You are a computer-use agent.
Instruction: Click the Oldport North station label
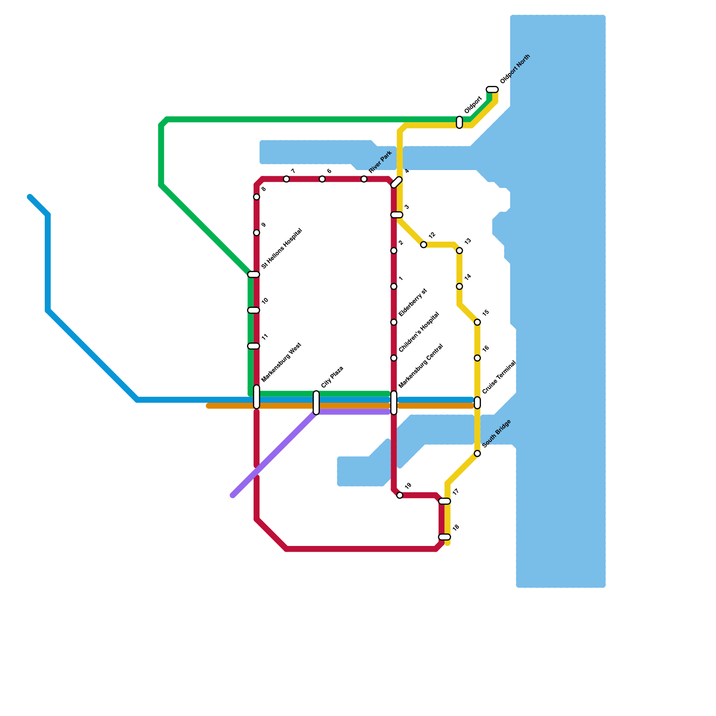(515, 69)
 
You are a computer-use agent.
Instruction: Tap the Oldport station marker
(459, 122)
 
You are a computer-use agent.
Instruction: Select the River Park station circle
(364, 179)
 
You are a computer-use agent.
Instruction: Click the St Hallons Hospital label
(281, 249)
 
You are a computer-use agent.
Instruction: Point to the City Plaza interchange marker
(316, 403)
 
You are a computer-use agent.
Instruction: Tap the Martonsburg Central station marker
(394, 403)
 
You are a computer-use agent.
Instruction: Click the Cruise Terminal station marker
(477, 403)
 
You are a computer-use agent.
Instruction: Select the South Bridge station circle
(477, 454)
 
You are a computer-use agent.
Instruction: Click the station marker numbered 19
(400, 495)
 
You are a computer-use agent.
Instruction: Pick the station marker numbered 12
(423, 244)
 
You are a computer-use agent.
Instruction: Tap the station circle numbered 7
(286, 179)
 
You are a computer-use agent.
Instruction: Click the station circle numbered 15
(477, 322)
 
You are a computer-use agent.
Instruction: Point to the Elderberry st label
(413, 303)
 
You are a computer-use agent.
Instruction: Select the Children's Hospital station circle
(394, 358)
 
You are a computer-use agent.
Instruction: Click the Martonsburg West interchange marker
(256, 397)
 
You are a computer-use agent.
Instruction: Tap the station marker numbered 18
(444, 537)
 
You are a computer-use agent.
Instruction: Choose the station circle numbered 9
(256, 233)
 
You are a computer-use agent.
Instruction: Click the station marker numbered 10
(254, 310)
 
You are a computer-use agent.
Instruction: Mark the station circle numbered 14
(459, 286)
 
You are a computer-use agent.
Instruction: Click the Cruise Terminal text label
(499, 377)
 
